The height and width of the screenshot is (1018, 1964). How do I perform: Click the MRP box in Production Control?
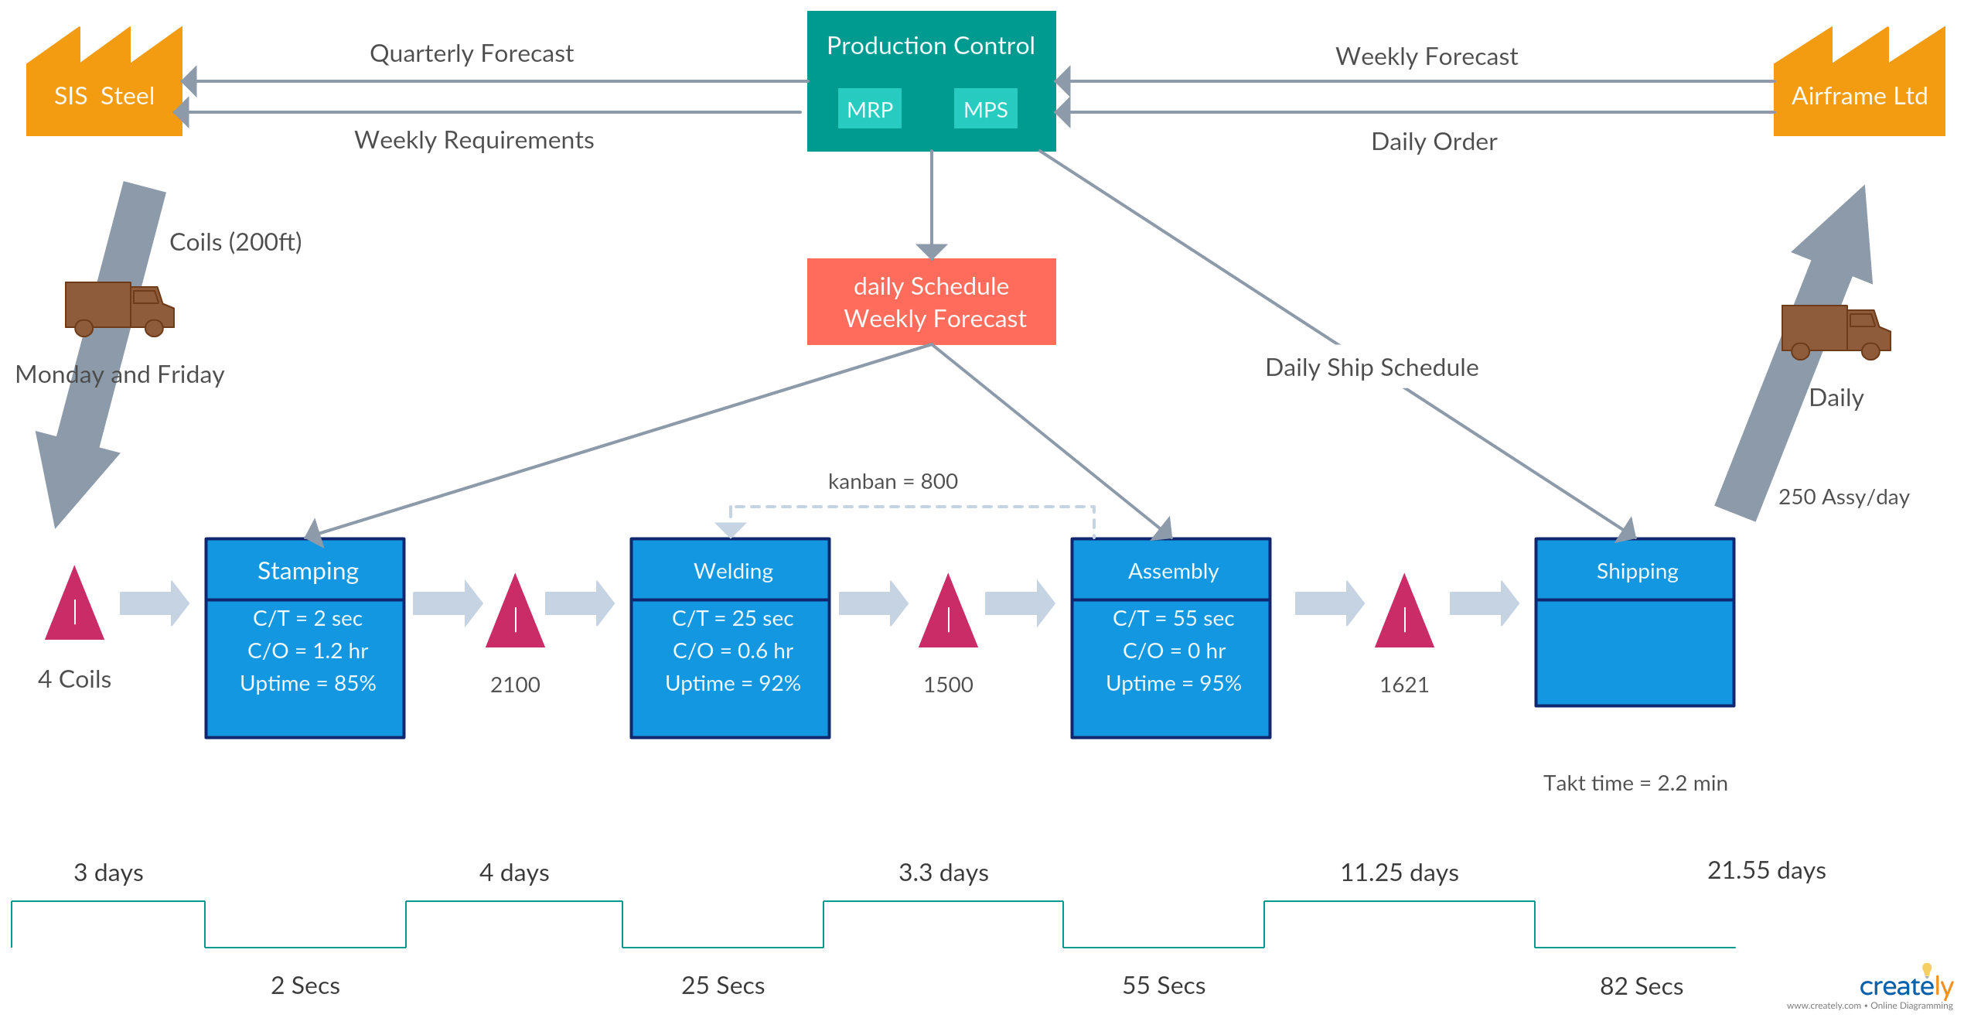click(869, 108)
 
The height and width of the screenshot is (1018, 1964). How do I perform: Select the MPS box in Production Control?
click(985, 108)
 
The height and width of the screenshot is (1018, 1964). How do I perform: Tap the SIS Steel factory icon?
click(104, 81)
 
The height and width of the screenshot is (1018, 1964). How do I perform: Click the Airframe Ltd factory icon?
click(1859, 81)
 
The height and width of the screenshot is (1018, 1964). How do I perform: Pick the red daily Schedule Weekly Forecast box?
click(931, 302)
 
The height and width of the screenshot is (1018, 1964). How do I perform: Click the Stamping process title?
click(308, 571)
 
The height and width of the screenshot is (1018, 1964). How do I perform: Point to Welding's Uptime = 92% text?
click(733, 683)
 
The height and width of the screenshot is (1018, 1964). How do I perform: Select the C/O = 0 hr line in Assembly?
click(1174, 651)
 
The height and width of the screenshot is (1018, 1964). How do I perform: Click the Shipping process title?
click(1637, 571)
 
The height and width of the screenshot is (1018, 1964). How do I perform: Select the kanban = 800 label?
click(892, 481)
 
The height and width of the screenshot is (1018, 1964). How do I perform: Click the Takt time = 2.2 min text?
click(1635, 783)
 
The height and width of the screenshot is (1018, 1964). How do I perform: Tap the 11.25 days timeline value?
click(1399, 873)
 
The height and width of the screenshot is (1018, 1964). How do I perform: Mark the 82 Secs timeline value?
click(1642, 986)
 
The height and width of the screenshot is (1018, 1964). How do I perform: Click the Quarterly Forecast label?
click(472, 53)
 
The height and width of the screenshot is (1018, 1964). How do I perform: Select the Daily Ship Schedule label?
click(1372, 367)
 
